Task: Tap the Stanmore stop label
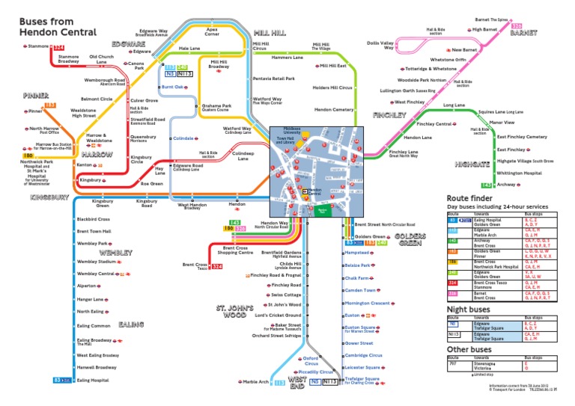coord(36,46)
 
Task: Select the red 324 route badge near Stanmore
coord(59,47)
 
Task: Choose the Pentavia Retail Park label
coord(274,78)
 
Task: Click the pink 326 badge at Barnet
coord(517,25)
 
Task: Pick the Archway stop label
coord(506,184)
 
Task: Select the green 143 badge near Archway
coord(486,185)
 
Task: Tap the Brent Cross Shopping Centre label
coord(236,250)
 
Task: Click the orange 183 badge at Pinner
coord(51,106)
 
